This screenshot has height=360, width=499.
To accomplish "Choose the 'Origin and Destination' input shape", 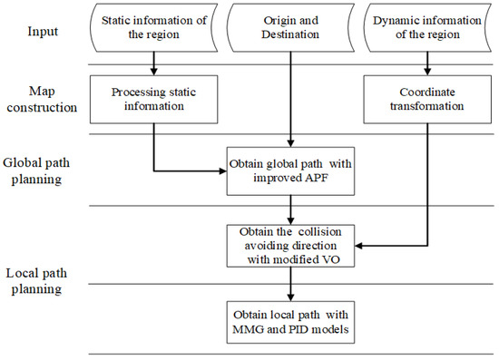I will tap(290, 28).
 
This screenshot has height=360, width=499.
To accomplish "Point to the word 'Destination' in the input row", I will tap(290, 35).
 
